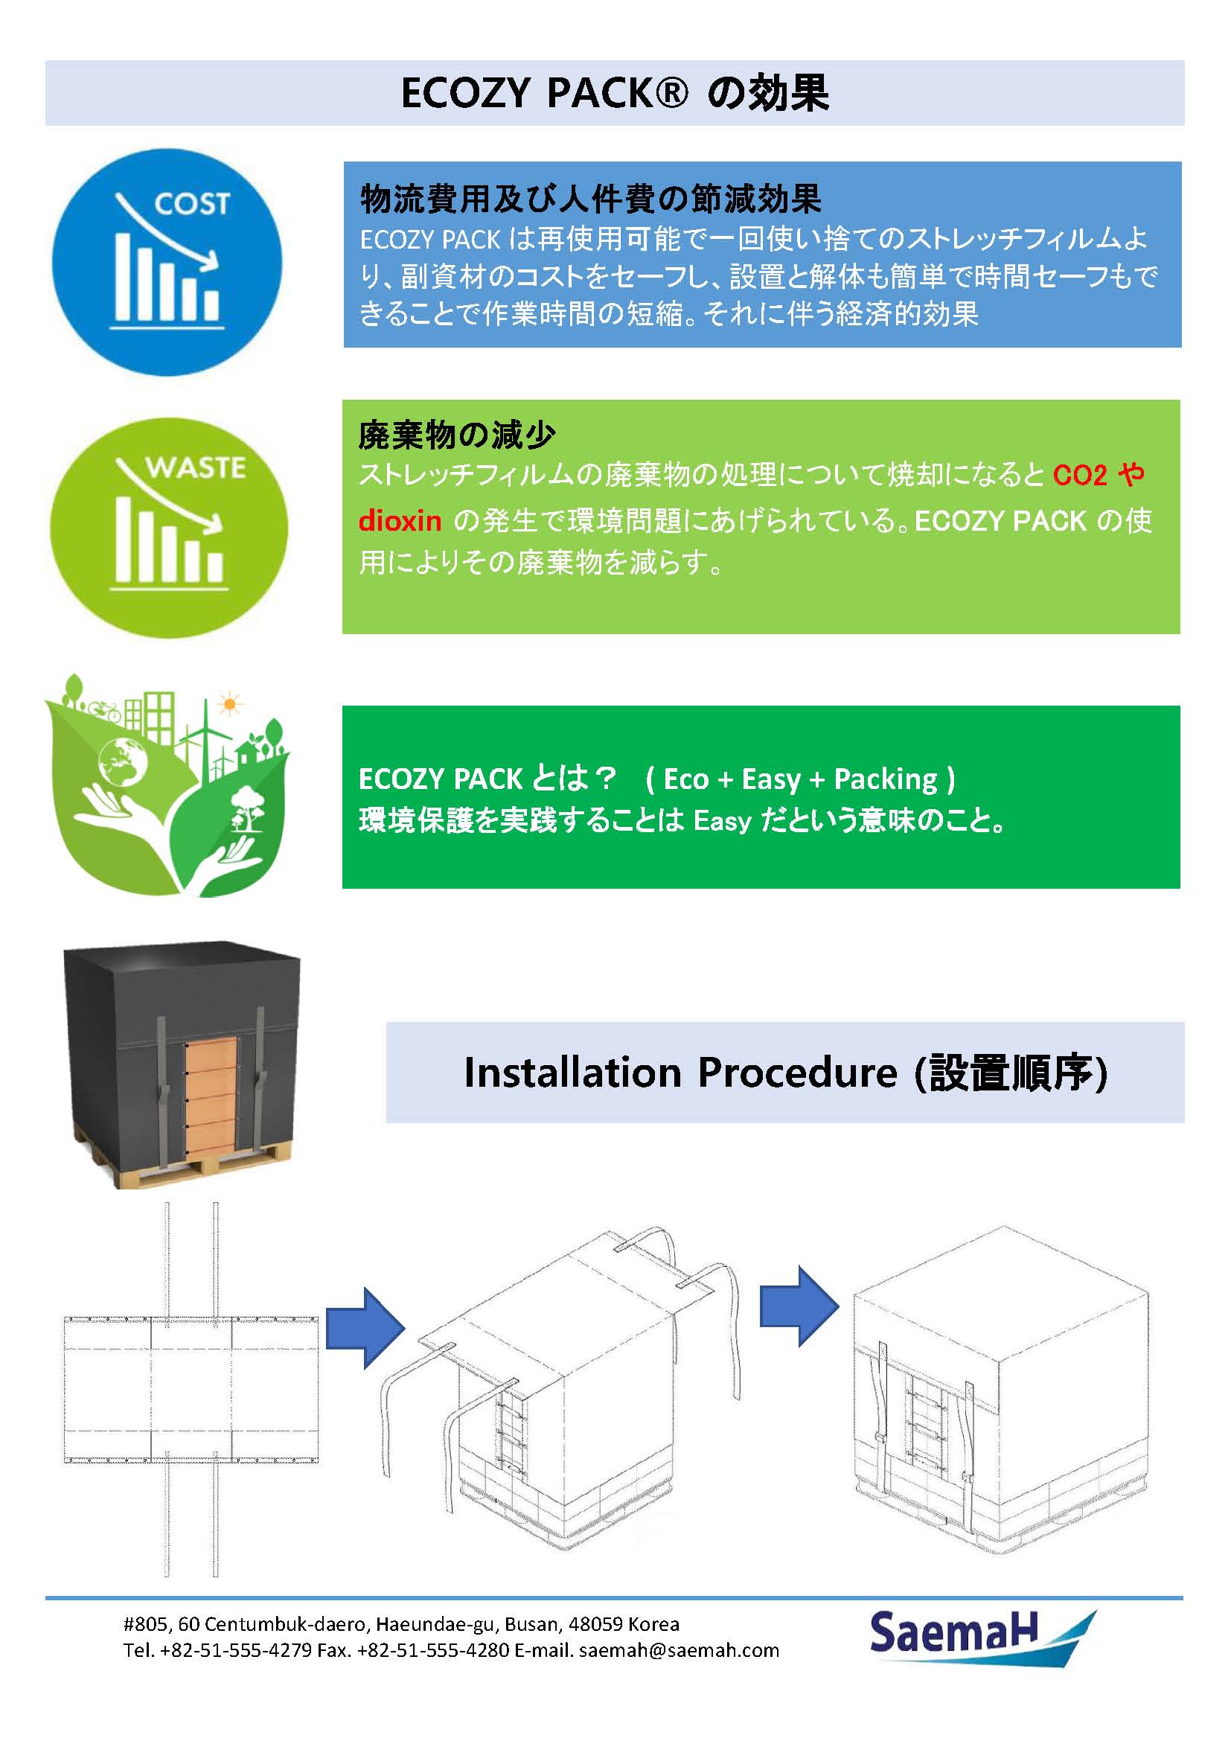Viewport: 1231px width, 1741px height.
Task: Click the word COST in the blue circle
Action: click(191, 203)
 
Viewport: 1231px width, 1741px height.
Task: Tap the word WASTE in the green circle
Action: click(196, 467)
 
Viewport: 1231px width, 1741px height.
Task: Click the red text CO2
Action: click(1079, 476)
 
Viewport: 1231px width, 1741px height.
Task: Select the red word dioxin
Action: click(400, 521)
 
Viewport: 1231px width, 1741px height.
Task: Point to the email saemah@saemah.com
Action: click(679, 1650)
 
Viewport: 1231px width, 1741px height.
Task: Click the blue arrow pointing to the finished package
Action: click(799, 1306)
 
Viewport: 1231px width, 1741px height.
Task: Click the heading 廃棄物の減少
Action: click(456, 435)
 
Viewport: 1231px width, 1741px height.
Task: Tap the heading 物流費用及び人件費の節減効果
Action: click(590, 199)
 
